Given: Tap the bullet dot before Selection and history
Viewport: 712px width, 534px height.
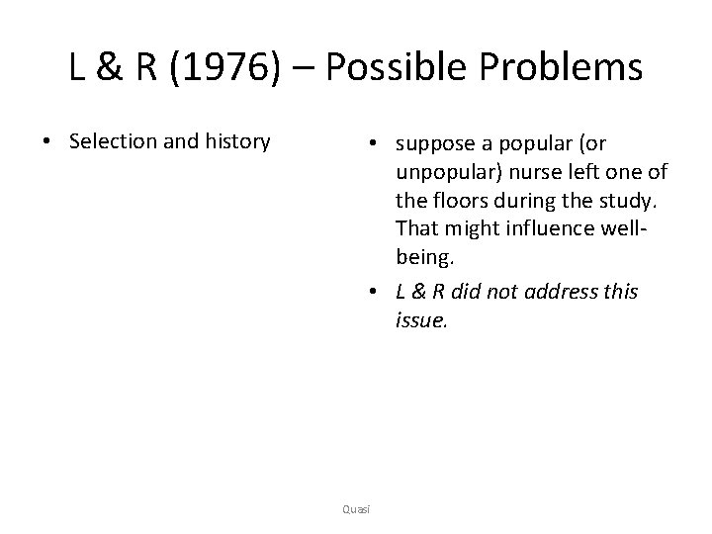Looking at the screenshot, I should (x=47, y=141).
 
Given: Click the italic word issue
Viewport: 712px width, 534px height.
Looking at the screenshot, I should (x=419, y=321).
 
